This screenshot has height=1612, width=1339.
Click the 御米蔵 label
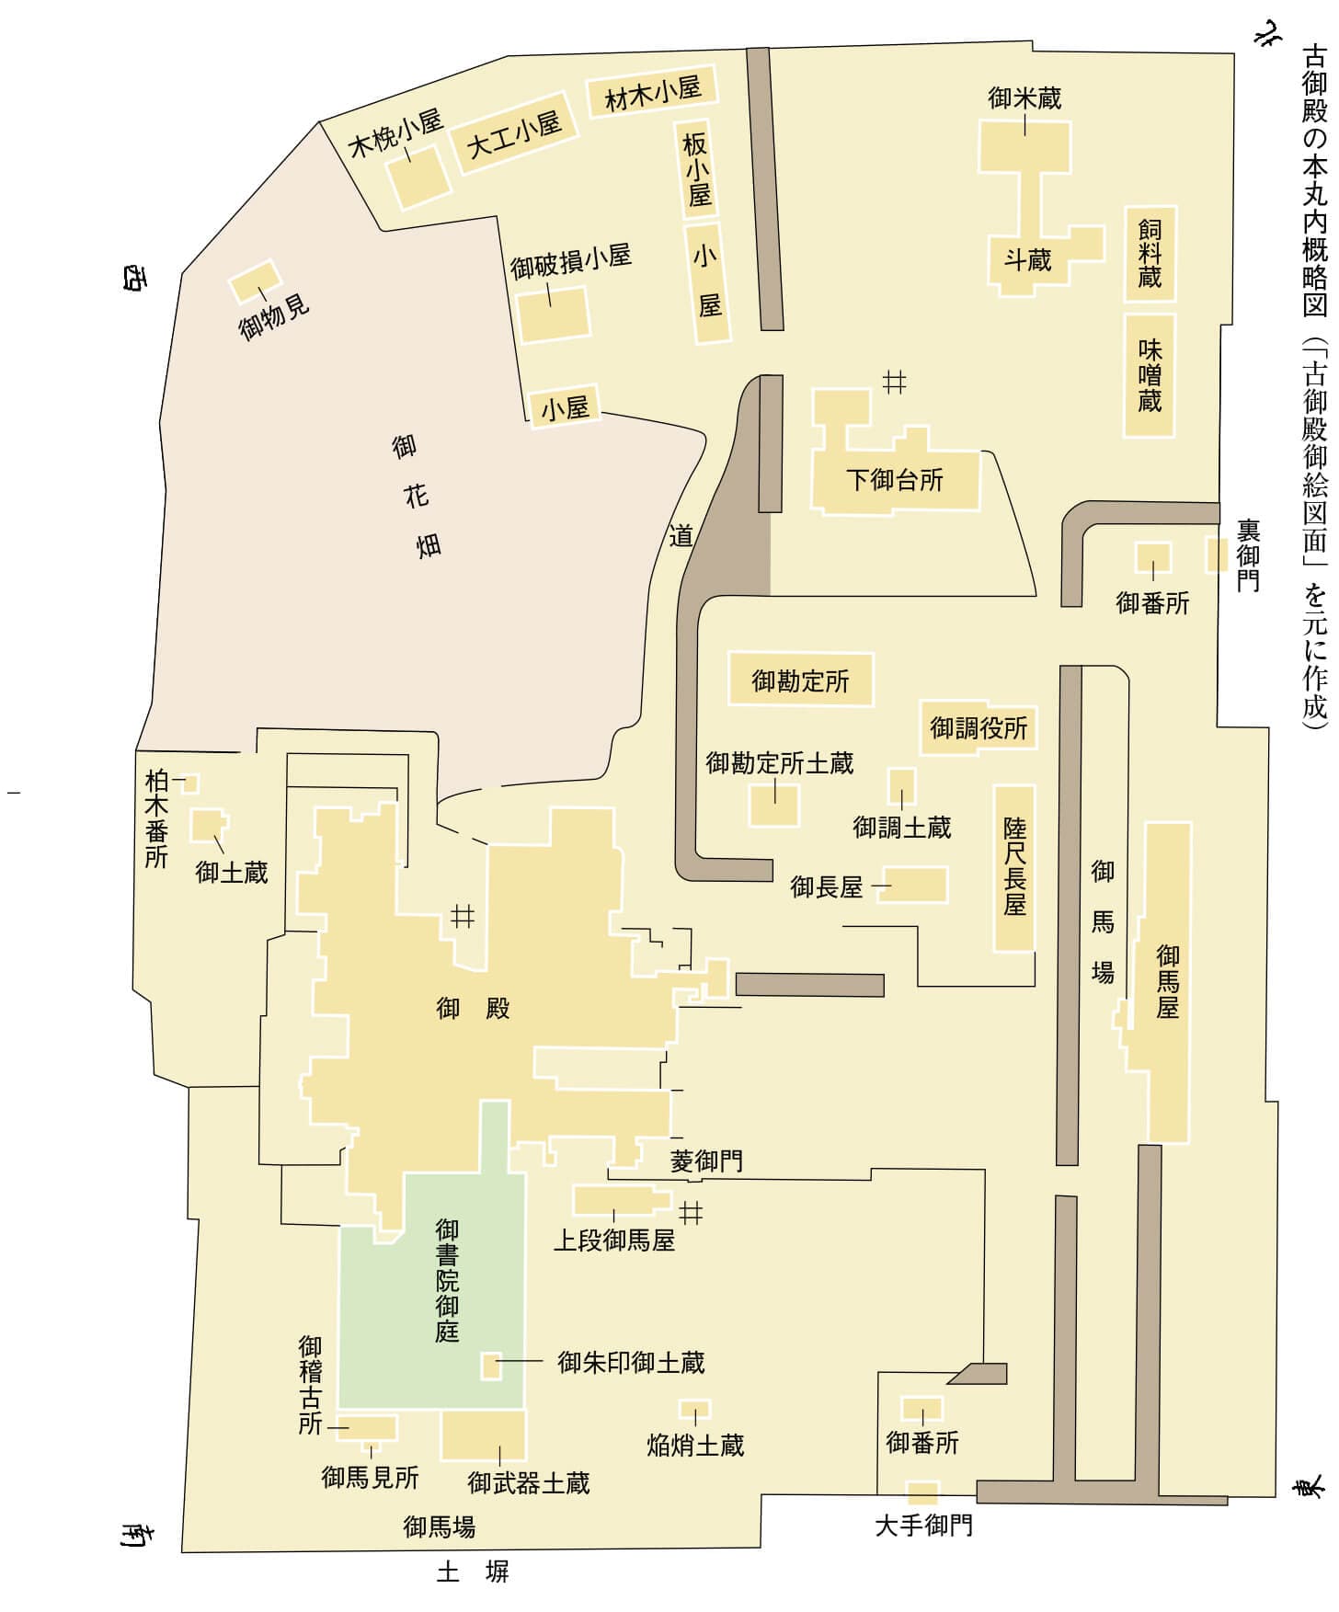click(x=1024, y=97)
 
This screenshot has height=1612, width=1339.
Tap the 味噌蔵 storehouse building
click(x=1150, y=375)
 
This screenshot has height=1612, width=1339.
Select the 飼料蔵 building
click(x=1150, y=254)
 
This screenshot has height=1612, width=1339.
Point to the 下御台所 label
click(x=895, y=479)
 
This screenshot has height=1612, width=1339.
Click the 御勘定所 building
click(x=800, y=680)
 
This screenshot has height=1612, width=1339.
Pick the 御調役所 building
click(x=978, y=728)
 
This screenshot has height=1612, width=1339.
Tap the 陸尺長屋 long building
click(x=1014, y=867)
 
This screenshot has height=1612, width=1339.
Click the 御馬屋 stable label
click(x=1167, y=981)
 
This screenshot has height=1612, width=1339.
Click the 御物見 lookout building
click(x=254, y=281)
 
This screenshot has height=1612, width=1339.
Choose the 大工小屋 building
click(x=514, y=135)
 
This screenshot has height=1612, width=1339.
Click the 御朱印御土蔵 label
click(x=631, y=1362)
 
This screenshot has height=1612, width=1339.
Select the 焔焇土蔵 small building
click(x=694, y=1409)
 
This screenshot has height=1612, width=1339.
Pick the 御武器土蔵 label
click(x=528, y=1483)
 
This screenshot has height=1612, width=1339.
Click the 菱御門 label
click(x=706, y=1161)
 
